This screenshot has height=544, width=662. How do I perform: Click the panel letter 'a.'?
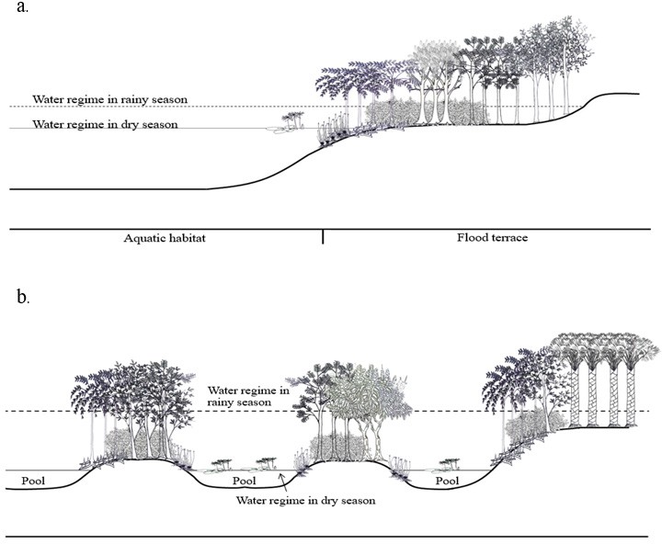(x=22, y=6)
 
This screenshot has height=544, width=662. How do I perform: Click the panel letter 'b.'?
(x=23, y=298)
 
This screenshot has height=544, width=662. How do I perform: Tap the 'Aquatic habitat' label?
(x=165, y=238)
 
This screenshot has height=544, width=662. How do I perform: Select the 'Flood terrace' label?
(x=492, y=238)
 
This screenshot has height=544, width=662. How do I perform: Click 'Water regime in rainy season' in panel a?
(x=109, y=99)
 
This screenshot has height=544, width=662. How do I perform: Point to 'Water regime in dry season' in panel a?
(x=105, y=124)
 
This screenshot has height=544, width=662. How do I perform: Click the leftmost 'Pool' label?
(x=33, y=481)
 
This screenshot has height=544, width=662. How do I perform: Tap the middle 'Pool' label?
(x=244, y=481)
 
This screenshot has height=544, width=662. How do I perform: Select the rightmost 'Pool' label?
(x=447, y=481)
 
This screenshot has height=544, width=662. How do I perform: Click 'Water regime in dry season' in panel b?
(x=305, y=501)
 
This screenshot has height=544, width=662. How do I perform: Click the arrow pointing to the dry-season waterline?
(x=283, y=482)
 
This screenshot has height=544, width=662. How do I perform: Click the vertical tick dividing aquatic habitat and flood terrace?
(x=323, y=237)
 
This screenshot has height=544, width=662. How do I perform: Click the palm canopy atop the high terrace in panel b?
(x=604, y=350)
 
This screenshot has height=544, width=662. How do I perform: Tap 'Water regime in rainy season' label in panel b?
(x=248, y=396)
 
